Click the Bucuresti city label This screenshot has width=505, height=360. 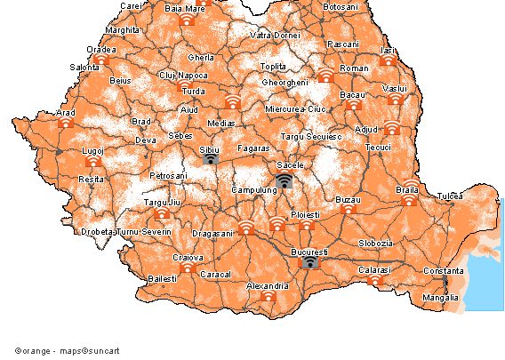309,252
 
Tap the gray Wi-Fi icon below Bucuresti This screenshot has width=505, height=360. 309,262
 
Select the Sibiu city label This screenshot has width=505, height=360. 209,150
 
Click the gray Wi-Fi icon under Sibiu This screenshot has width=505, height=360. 210,159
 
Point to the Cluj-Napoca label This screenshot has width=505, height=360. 182,76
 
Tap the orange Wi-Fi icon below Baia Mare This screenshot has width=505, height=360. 186,20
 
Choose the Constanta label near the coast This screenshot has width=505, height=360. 443,270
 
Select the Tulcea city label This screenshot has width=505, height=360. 450,195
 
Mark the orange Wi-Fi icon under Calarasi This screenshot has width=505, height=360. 374,280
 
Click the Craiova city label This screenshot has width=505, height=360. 188,257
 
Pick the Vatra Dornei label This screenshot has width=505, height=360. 273,36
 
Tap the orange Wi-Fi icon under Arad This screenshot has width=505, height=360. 66,123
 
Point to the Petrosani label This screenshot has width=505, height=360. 169,176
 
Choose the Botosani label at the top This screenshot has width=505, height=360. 340,7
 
